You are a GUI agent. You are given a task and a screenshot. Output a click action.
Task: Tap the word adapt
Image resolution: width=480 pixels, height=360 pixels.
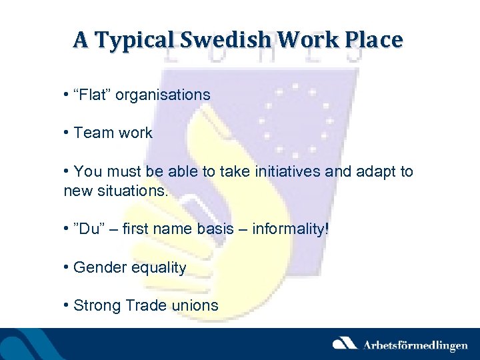pos(376,171)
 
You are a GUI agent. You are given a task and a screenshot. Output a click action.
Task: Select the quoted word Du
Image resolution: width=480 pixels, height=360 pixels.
pos(87,229)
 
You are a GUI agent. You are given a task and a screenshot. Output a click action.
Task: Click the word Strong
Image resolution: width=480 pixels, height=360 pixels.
pos(96,305)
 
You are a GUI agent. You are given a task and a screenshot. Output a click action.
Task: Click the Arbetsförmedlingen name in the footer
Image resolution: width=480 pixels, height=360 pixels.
pos(415,345)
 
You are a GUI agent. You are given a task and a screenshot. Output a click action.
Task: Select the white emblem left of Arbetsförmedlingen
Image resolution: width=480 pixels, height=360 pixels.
pos(346,343)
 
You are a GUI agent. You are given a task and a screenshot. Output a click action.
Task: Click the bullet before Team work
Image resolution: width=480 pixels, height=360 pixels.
pos(67,133)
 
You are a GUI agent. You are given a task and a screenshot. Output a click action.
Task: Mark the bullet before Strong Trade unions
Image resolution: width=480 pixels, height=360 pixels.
pos(67,305)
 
